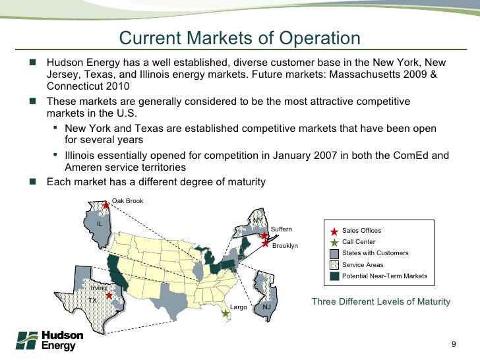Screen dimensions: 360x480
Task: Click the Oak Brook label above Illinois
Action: pos(127,200)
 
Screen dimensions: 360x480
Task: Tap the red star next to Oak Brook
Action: pos(105,206)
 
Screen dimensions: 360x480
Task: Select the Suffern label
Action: pos(282,229)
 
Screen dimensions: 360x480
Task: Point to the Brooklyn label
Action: pos(285,245)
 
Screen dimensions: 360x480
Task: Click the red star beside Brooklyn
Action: pos(266,244)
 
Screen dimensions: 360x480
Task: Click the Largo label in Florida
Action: pos(238,307)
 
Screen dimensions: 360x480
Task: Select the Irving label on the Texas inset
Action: pos(99,288)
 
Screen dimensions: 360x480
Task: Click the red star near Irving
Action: pos(109,295)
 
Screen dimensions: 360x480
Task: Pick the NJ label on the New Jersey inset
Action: pos(266,307)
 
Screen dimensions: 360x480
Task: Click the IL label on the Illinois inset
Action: pos(100,224)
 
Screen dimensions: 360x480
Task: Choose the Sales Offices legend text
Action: pos(361,231)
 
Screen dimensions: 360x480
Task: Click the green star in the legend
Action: pos(334,242)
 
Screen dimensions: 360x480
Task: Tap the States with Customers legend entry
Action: pos(375,253)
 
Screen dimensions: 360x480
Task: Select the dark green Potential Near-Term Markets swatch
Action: pos(334,276)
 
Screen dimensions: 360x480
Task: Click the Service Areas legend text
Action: pos(363,264)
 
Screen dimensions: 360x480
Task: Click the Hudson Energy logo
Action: pos(49,340)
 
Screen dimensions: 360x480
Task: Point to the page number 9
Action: pos(454,344)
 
